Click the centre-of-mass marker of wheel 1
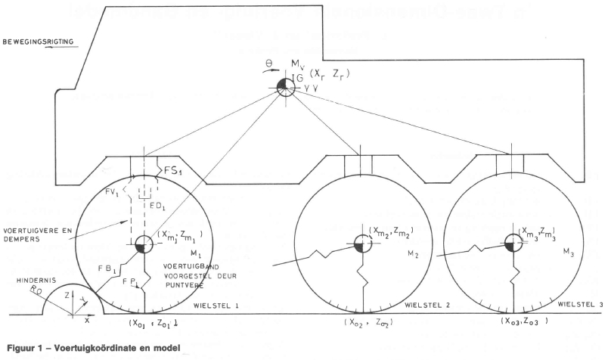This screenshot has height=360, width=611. [x=144, y=245]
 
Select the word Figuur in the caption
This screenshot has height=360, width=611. [x=20, y=349]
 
